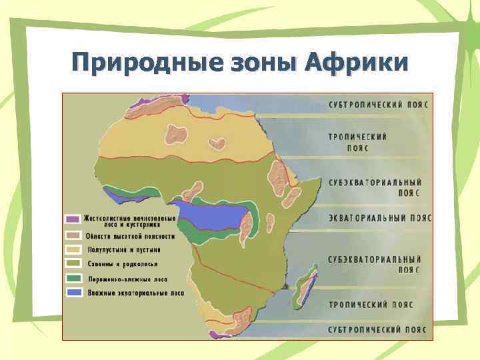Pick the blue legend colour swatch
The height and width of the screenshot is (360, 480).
[x=73, y=292]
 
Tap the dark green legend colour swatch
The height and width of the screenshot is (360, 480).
[x=73, y=278]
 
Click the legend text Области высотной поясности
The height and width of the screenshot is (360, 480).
[x=130, y=236]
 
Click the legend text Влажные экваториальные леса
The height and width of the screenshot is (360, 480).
[x=135, y=292]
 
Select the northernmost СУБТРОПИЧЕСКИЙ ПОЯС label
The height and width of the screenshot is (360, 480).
[x=377, y=105]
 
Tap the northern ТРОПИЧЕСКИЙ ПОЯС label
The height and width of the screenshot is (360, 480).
[x=357, y=142]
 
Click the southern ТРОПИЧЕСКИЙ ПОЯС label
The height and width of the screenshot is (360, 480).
[x=370, y=305]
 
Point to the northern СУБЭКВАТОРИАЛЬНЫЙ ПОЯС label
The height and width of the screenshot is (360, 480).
[x=374, y=187]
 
